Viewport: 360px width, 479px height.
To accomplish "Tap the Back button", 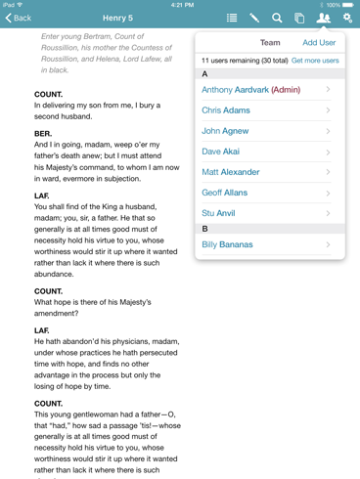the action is click(x=19, y=18).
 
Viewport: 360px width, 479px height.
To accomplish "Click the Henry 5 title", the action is click(x=117, y=18).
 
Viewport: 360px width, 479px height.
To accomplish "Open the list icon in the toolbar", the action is click(x=232, y=18).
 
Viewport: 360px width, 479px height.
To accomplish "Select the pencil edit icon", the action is click(x=254, y=18).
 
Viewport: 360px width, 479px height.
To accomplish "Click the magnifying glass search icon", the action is click(x=277, y=18).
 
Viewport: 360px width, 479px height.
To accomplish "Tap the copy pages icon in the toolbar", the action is click(x=299, y=18).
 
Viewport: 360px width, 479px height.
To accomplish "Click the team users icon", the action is click(x=324, y=18).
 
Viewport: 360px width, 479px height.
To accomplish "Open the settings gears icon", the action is click(x=347, y=18).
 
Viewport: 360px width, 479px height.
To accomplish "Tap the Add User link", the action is click(x=319, y=43).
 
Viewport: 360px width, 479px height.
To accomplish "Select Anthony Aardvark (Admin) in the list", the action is click(x=250, y=90).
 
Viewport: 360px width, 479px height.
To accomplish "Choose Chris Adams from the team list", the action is click(x=226, y=110).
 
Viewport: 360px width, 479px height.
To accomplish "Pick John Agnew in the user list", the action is click(x=225, y=131).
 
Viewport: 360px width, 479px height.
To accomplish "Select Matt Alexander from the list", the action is click(x=231, y=172).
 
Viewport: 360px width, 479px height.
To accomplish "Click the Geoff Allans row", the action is click(x=225, y=194).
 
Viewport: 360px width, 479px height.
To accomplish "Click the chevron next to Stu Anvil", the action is click(x=328, y=213).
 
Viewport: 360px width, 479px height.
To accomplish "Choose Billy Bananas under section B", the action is click(x=227, y=244).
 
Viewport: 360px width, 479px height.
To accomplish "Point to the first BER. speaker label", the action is click(x=43, y=133).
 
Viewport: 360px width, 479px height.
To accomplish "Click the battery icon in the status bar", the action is click(x=348, y=5).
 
